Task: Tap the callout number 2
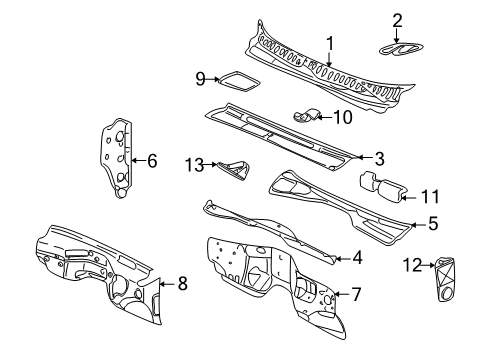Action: tap(397, 20)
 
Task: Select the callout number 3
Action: tap(378, 157)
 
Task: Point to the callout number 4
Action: tap(358, 258)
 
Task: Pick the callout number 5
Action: tap(432, 225)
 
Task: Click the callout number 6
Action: tap(152, 159)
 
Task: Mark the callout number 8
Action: tap(182, 283)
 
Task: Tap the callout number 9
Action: tap(200, 79)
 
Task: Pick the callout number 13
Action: tap(193, 163)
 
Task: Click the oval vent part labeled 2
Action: tap(398, 52)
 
